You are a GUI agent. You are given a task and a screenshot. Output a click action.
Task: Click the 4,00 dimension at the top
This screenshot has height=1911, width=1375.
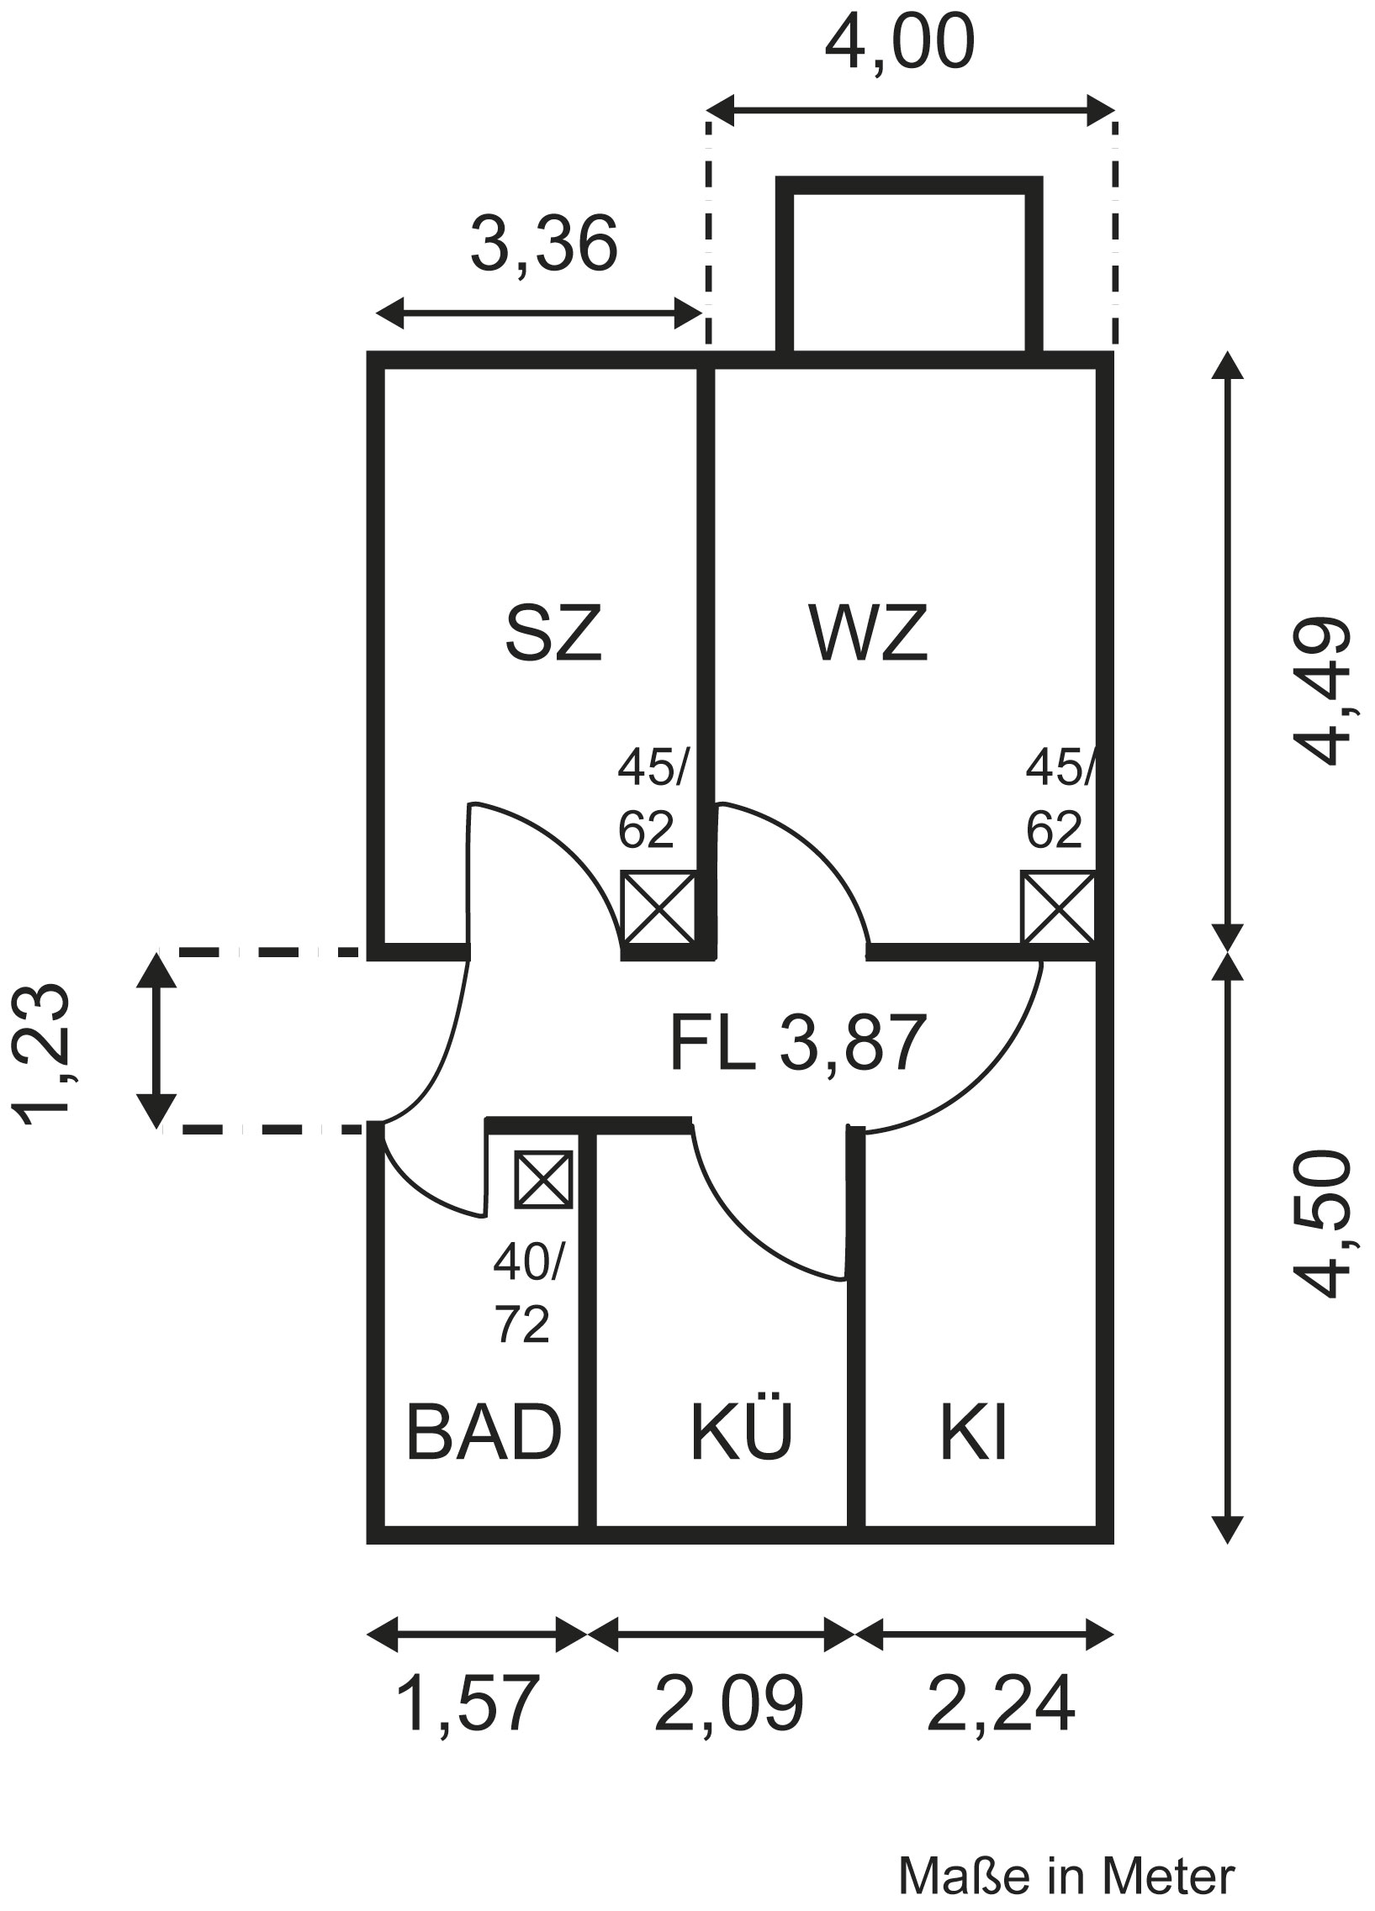click(900, 42)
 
